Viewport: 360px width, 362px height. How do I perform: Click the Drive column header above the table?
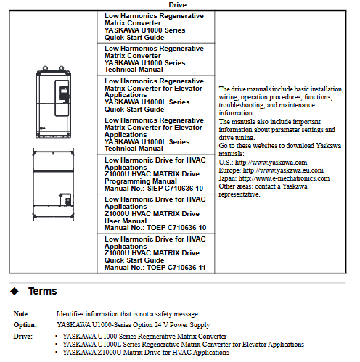click(177, 5)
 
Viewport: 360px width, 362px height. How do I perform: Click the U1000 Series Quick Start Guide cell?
click(156, 27)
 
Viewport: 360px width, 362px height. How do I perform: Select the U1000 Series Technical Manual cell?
click(156, 59)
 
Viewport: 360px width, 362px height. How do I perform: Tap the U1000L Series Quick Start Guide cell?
click(156, 95)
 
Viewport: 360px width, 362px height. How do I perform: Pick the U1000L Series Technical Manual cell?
click(156, 135)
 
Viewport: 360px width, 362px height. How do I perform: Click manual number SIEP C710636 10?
click(175, 189)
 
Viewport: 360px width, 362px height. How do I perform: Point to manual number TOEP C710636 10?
click(176, 228)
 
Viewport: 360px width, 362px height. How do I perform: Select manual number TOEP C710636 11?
click(176, 268)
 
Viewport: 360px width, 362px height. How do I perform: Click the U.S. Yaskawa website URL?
click(271, 163)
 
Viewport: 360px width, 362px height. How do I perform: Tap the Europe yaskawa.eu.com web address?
click(283, 170)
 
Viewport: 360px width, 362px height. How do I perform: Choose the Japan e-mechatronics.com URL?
click(284, 178)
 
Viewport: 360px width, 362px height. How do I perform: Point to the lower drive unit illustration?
click(53, 184)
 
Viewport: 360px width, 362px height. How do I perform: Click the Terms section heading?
click(43, 291)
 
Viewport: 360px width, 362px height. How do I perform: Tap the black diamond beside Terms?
click(15, 291)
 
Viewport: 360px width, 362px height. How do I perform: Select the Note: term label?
click(22, 314)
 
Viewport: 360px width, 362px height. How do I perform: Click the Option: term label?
click(25, 325)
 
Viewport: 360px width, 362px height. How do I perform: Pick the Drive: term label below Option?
click(23, 337)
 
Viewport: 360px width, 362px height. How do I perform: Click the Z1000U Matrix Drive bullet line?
click(146, 353)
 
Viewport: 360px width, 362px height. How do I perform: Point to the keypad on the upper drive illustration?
click(63, 93)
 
